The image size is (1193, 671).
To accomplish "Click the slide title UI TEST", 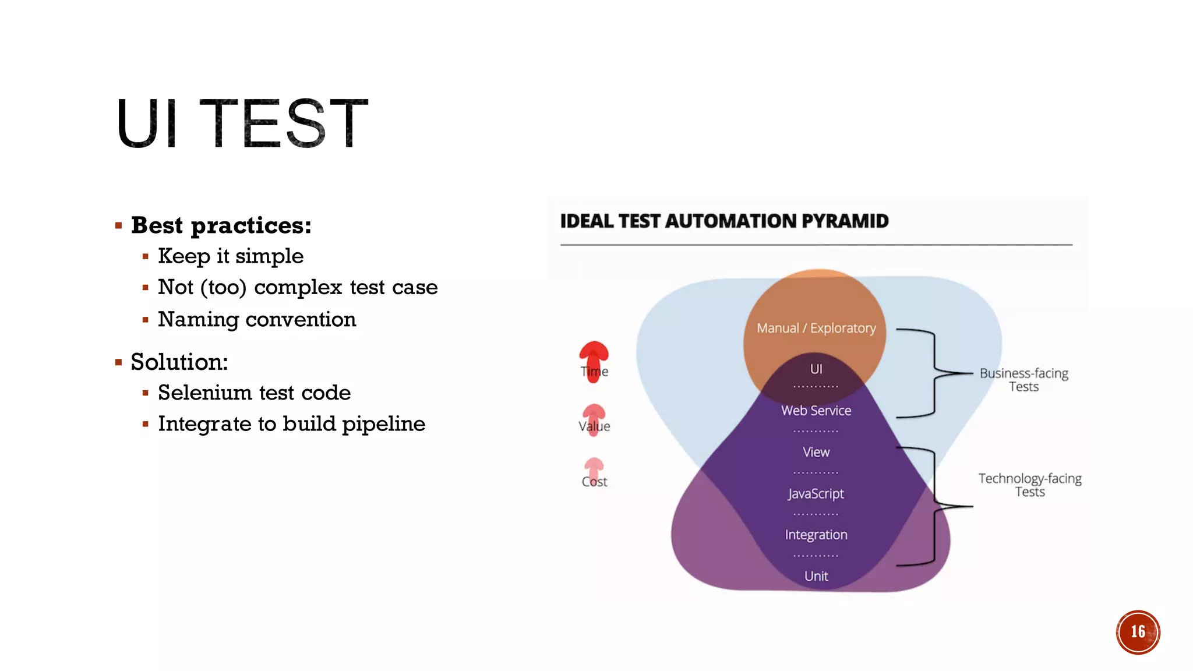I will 242,123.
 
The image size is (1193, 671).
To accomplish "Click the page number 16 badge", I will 1138,632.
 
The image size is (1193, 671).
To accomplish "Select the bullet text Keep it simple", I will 231,256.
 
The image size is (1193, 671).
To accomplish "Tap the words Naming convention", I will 257,319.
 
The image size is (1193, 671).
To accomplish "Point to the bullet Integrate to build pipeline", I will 291,423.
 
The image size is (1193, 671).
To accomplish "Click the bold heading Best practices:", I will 221,225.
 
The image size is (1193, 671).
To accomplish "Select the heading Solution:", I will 179,362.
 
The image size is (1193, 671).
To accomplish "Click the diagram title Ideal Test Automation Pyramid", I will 724,221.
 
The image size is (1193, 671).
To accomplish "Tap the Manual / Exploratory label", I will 816,328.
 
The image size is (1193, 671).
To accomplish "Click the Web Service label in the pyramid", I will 816,411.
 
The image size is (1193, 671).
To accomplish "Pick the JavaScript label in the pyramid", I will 816,493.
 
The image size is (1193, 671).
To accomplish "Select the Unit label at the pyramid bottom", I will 816,576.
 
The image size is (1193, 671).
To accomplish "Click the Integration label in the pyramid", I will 816,535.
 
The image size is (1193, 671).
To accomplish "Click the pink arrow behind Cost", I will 594,467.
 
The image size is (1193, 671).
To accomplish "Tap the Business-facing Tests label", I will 1023,380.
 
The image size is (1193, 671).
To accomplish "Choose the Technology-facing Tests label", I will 1029,485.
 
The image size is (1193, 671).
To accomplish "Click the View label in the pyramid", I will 816,452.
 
